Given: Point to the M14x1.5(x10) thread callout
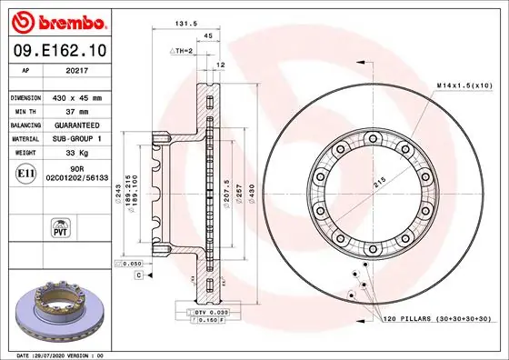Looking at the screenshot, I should tap(463, 85).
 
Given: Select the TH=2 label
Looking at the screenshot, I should tap(183, 51).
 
